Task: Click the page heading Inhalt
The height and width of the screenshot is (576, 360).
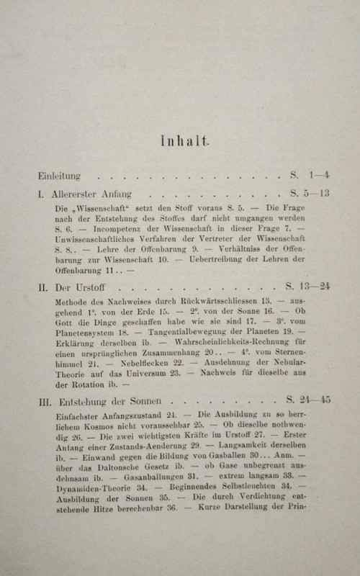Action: coord(185,141)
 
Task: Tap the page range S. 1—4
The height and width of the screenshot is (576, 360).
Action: coord(310,175)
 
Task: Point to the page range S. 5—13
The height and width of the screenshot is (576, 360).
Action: coord(310,194)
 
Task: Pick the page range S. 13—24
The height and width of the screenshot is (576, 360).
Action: coord(308,286)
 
